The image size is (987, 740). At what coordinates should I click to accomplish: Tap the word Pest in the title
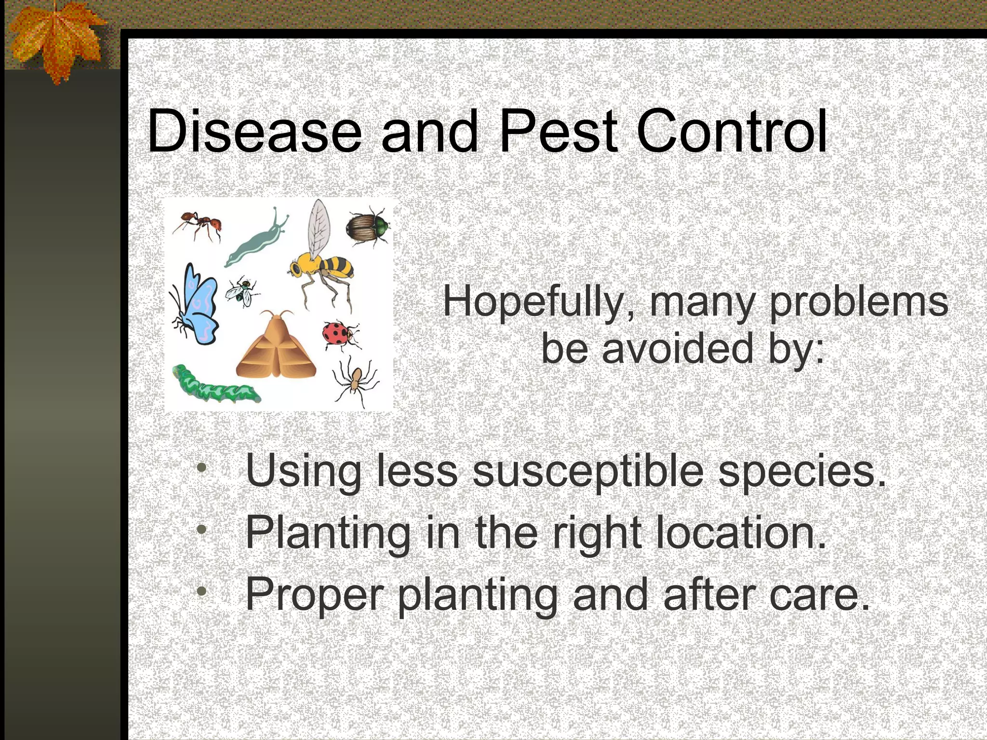(558, 132)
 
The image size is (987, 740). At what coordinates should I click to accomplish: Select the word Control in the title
(732, 132)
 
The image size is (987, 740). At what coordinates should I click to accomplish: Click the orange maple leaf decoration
(55, 41)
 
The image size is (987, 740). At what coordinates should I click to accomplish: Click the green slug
(255, 241)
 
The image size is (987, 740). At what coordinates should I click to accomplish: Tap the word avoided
(677, 349)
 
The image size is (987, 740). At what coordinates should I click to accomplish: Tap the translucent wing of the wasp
(320, 226)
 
